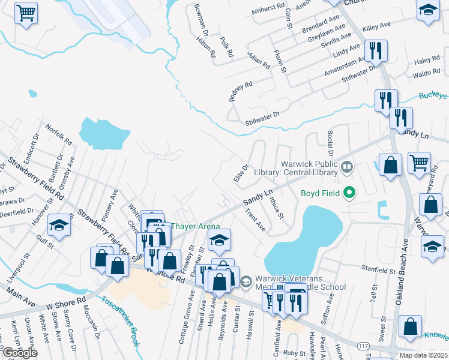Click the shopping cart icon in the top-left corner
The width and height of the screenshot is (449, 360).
[x=26, y=13]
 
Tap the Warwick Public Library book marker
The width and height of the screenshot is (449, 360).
[x=346, y=167]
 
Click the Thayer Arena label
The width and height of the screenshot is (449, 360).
[x=191, y=226]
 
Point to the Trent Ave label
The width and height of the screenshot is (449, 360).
[x=256, y=219]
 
